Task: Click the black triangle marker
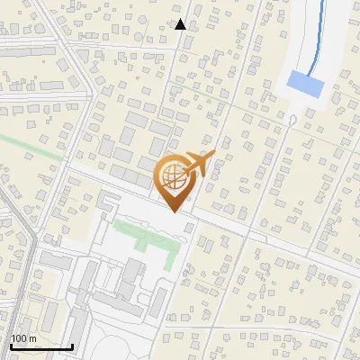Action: (180, 24)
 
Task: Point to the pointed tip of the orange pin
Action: (174, 212)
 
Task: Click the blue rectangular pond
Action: (304, 85)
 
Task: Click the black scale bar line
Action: (40, 346)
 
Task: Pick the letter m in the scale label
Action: (32, 338)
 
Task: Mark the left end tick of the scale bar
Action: (10, 345)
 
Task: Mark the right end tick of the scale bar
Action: (72, 345)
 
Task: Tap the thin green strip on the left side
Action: (31, 147)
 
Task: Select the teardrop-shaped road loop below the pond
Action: (289, 117)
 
